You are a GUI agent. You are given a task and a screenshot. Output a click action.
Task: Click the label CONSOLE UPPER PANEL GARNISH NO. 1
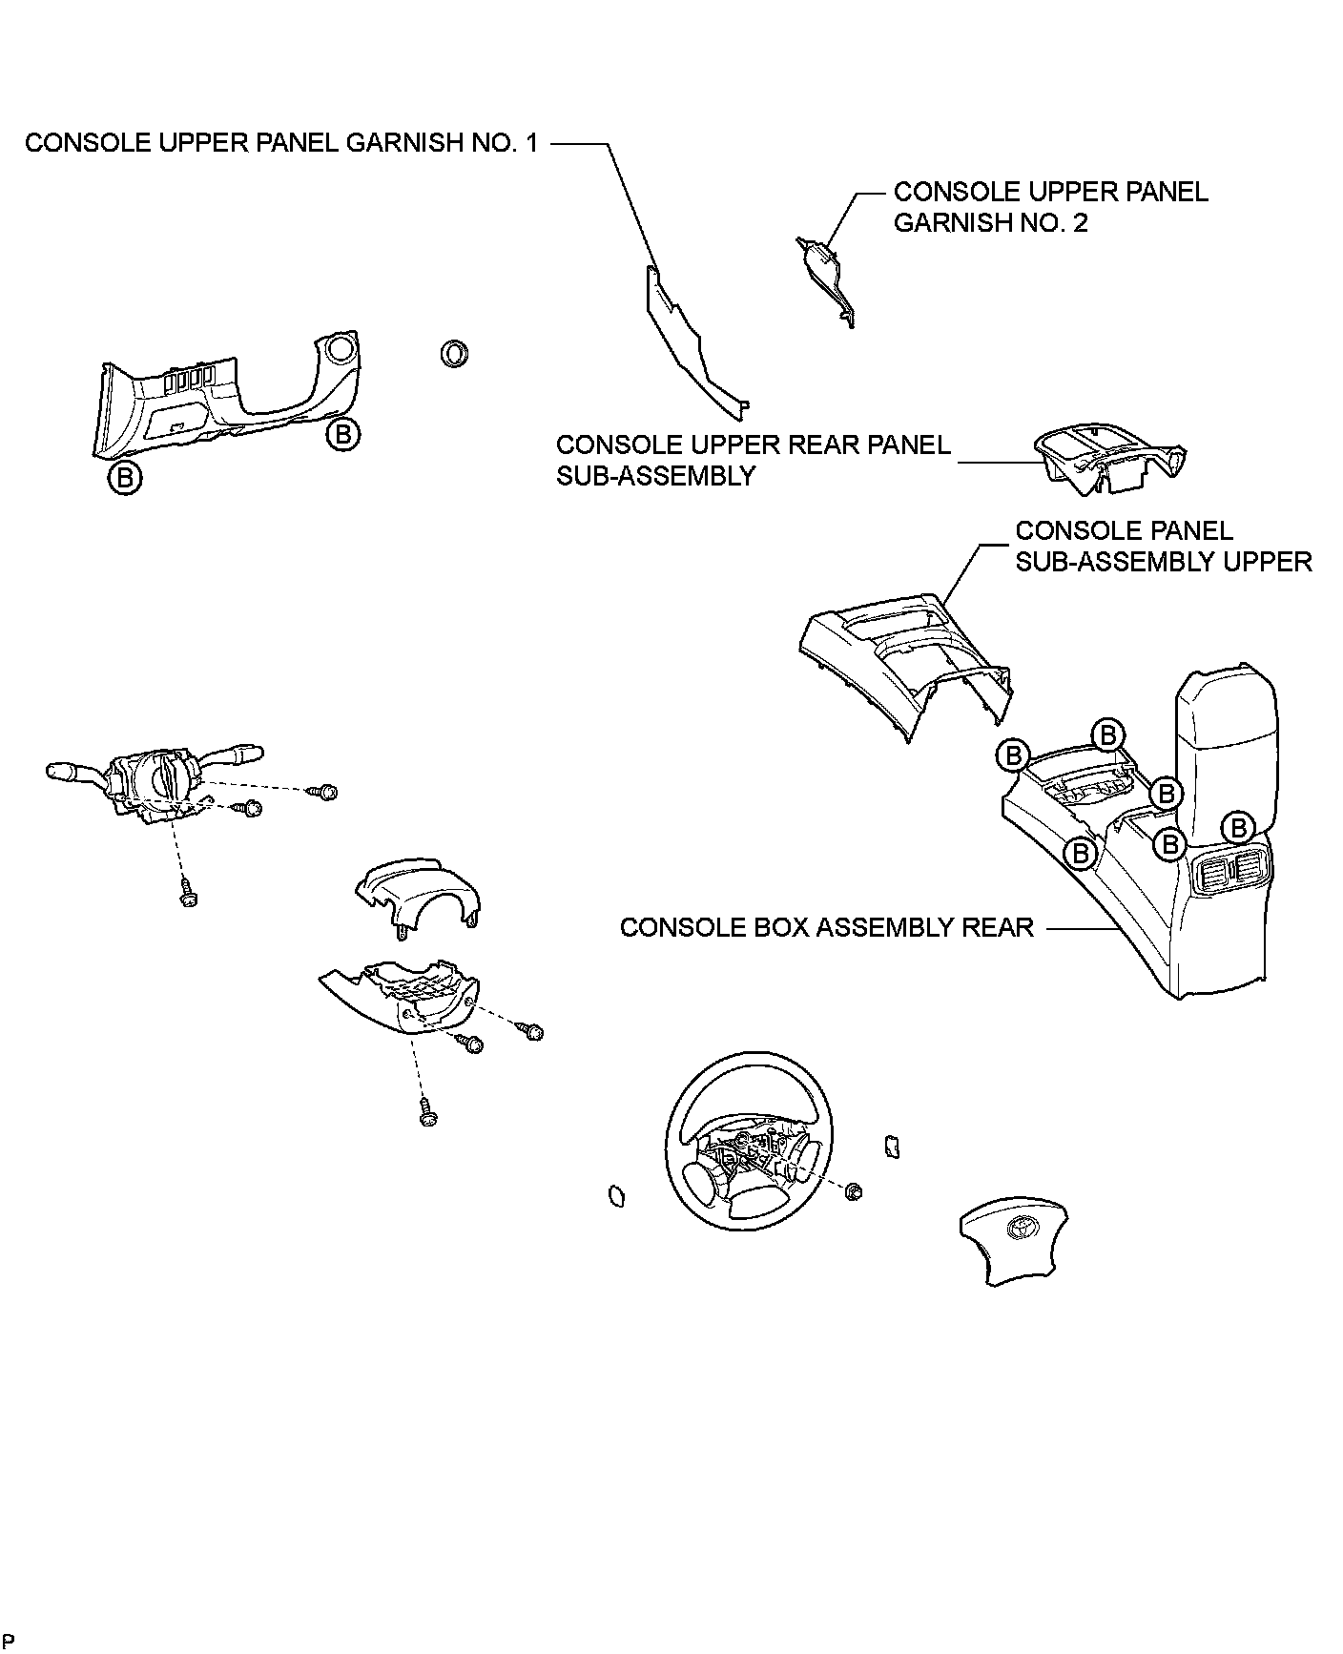click(281, 143)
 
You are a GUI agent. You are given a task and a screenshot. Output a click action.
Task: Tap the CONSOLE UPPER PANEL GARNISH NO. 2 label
click(1050, 207)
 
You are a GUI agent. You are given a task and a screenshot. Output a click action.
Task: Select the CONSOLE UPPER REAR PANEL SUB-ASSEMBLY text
click(754, 460)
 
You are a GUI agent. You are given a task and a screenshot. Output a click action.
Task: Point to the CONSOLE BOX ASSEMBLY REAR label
click(827, 927)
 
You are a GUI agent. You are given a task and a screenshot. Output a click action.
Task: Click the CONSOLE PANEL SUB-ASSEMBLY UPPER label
click(1163, 546)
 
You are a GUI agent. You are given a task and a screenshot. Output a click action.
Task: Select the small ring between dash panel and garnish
click(454, 353)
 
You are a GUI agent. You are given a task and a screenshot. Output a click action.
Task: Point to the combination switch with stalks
click(157, 783)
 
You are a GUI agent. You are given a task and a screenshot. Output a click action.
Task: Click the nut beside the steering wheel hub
click(854, 1190)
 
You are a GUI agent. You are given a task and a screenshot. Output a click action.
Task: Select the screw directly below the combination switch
click(188, 896)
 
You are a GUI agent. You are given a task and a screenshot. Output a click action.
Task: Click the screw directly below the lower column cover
click(428, 1112)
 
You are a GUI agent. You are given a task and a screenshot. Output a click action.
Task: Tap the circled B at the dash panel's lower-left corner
click(125, 476)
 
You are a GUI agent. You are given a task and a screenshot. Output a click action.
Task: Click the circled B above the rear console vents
click(1238, 826)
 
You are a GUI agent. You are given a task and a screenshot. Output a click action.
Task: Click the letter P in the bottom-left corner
click(9, 1640)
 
